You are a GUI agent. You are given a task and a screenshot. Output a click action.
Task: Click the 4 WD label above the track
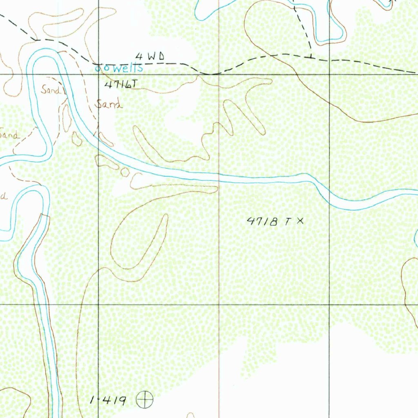150,57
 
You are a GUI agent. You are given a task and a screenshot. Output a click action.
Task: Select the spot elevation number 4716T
121,84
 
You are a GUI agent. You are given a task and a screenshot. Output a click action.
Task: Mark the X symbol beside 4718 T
300,221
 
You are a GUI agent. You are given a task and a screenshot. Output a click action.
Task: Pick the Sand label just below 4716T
109,104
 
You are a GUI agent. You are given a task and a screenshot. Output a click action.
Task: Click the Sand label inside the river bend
50,90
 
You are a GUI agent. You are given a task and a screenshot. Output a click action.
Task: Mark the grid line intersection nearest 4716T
98,75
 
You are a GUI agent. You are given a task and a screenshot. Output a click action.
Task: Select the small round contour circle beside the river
125,172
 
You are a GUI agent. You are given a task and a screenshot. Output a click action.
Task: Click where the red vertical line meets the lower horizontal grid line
219,305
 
